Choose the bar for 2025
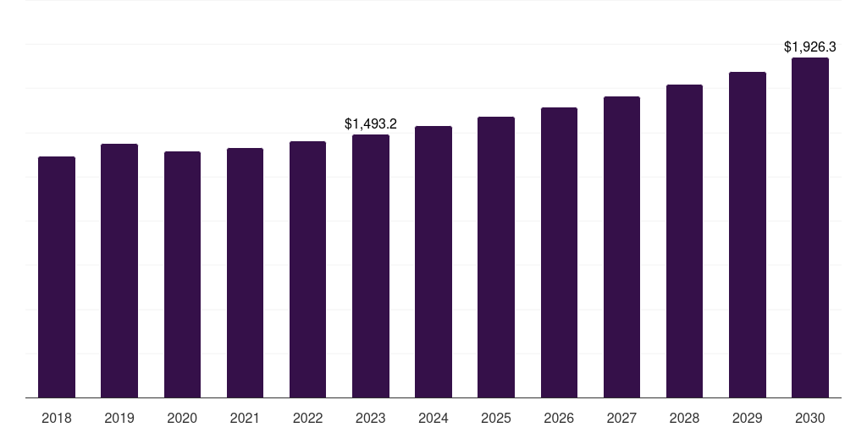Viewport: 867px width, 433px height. (x=496, y=257)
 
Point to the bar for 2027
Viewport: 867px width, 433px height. (x=621, y=247)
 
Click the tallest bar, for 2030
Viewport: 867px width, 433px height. (x=810, y=227)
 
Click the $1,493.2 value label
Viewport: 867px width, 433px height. (x=371, y=123)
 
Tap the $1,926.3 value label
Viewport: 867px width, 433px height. (x=810, y=47)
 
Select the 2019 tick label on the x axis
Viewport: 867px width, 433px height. (x=119, y=418)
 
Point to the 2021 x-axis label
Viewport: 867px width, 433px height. (x=245, y=418)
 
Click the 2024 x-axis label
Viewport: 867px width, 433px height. (x=433, y=418)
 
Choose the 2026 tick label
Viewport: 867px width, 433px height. (x=559, y=418)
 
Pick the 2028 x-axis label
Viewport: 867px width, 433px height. (x=684, y=418)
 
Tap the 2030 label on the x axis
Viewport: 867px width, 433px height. (x=810, y=418)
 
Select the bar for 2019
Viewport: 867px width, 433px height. (x=119, y=271)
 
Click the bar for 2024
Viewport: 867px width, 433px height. (x=433, y=261)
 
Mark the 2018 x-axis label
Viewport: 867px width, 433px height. (x=57, y=418)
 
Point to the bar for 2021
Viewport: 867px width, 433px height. (x=245, y=272)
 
